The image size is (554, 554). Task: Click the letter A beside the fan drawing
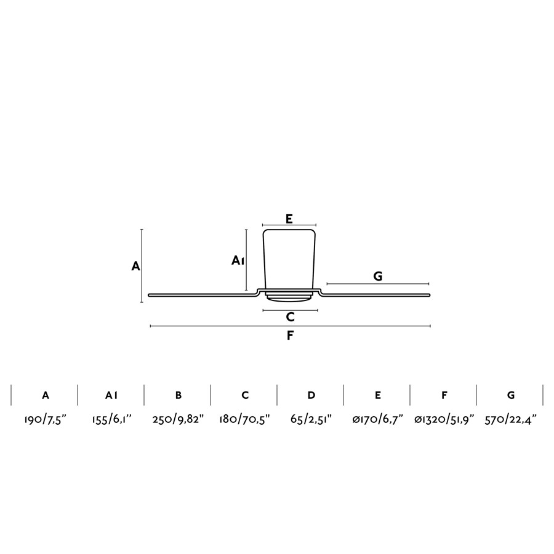pyautogui.click(x=135, y=266)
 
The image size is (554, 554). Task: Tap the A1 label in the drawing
pyautogui.click(x=238, y=260)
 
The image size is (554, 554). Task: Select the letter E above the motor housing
pyautogui.click(x=289, y=219)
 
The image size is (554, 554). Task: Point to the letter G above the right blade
pyautogui.click(x=378, y=276)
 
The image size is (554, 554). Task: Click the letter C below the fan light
pyautogui.click(x=290, y=317)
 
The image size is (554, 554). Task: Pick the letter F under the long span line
pyautogui.click(x=290, y=335)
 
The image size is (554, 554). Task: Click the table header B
pyautogui.click(x=179, y=395)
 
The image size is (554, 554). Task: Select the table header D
pyautogui.click(x=311, y=395)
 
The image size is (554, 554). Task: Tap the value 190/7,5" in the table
pyautogui.click(x=45, y=420)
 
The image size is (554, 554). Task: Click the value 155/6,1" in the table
pyautogui.click(x=111, y=420)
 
